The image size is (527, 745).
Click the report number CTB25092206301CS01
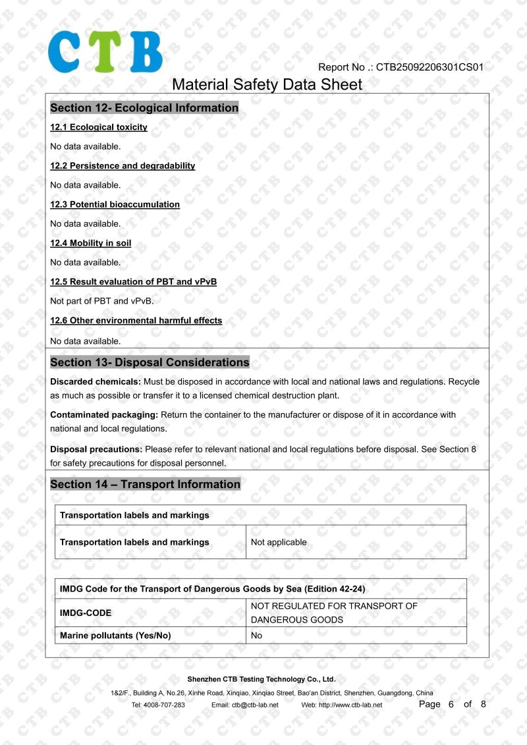click(430, 67)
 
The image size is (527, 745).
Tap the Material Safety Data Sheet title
click(267, 84)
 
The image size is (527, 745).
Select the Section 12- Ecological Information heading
click(144, 108)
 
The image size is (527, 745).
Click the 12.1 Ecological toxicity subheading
click(99, 127)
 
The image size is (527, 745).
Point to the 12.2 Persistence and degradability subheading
click(123, 166)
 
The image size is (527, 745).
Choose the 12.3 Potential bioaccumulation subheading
click(115, 204)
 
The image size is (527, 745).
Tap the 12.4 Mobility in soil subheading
click(91, 243)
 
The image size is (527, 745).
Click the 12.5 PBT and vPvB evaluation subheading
click(133, 282)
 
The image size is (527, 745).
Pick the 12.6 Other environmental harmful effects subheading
click(136, 321)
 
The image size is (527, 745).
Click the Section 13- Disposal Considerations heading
click(150, 362)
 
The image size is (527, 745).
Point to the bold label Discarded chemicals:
click(96, 382)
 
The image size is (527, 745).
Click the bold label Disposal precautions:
click(96, 449)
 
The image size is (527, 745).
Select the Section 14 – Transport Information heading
click(145, 484)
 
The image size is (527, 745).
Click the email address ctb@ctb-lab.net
click(254, 705)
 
